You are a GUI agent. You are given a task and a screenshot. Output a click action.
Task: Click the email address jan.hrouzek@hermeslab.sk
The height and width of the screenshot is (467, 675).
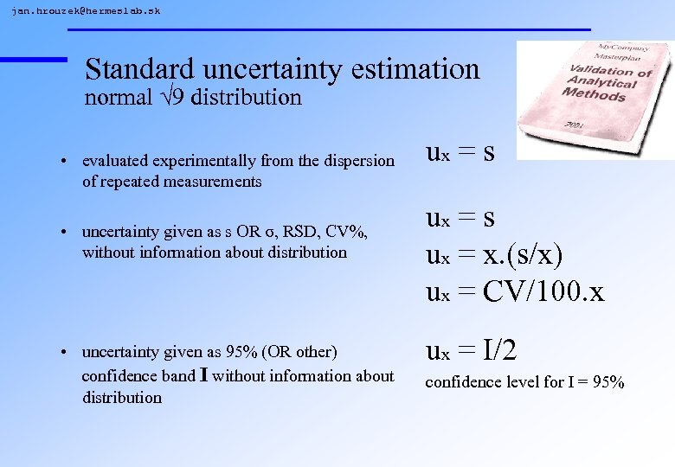(x=86, y=11)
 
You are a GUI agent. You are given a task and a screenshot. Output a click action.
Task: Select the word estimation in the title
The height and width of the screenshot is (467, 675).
(x=407, y=68)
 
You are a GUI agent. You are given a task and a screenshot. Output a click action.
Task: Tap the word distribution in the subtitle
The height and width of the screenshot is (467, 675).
(x=247, y=97)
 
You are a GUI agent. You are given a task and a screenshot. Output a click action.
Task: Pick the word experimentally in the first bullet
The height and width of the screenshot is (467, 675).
(x=190, y=161)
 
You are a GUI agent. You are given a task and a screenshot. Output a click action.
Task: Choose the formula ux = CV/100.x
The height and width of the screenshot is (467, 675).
(x=515, y=291)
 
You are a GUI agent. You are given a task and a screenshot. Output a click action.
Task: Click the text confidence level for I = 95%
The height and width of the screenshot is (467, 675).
(x=524, y=382)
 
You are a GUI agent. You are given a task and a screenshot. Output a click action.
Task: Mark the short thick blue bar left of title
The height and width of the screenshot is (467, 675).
(x=34, y=59)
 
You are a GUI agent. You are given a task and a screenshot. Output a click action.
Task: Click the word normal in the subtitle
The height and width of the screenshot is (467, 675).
(x=117, y=97)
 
